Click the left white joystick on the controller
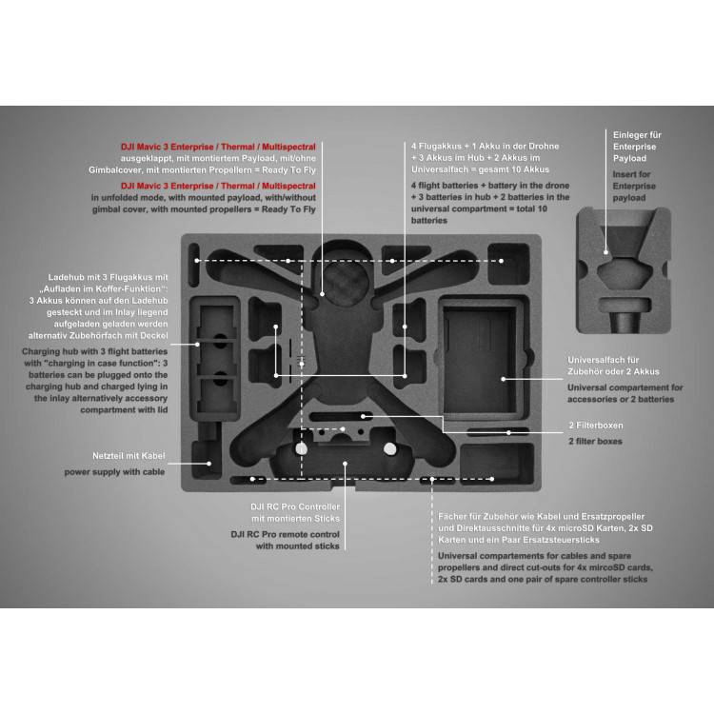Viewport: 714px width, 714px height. (301, 448)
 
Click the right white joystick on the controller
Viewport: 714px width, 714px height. (389, 449)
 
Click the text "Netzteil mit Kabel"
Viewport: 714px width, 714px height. (129, 456)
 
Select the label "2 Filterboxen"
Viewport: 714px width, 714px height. (596, 426)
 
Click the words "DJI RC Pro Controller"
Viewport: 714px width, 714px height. (295, 506)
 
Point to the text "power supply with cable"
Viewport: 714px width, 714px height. (114, 472)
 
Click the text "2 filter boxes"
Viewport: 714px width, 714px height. (595, 441)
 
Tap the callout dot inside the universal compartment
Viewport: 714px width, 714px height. (504, 379)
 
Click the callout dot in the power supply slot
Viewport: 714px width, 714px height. (209, 464)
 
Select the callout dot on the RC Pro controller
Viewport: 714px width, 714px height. (346, 464)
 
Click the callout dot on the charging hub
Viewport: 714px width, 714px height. (197, 345)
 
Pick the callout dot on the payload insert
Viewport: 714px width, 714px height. (605, 252)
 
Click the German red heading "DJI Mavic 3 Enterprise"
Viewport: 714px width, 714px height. (168, 147)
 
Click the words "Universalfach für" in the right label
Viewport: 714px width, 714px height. (604, 360)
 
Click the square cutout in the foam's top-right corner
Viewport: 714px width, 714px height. (508, 264)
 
